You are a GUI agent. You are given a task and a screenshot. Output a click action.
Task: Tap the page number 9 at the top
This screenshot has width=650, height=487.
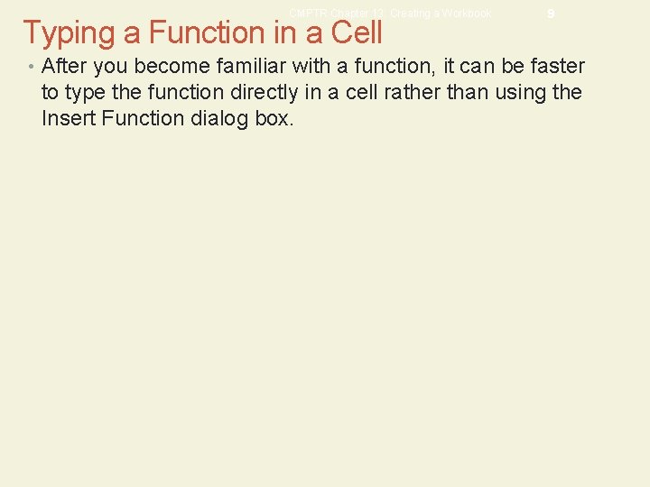[550, 14]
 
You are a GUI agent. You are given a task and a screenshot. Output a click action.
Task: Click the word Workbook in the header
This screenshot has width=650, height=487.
[465, 14]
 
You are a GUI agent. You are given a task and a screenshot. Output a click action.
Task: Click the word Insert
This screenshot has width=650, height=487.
[65, 117]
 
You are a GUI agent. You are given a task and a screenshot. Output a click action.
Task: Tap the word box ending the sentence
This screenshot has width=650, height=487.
[274, 117]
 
